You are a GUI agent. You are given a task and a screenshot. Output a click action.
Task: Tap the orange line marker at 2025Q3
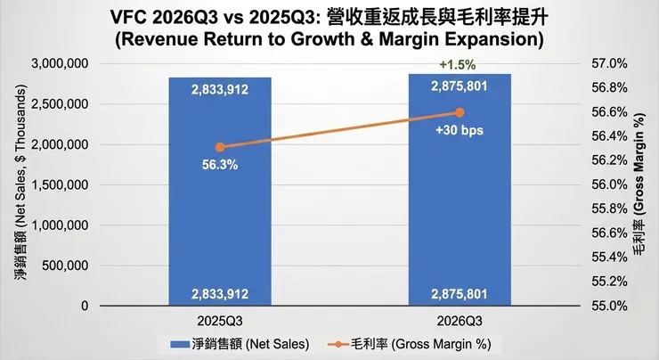(x=221, y=147)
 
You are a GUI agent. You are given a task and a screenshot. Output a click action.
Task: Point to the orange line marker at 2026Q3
(x=460, y=112)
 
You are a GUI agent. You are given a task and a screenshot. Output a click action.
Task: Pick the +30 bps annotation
(x=460, y=131)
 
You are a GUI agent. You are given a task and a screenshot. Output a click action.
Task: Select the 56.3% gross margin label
(x=221, y=165)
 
